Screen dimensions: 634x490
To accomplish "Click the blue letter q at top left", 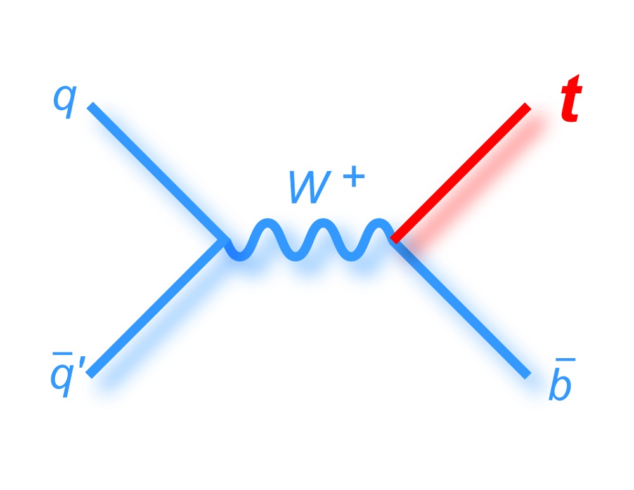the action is click(64, 102).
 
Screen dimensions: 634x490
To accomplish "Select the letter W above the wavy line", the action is click(310, 187).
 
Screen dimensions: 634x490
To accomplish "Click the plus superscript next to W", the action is click(354, 176).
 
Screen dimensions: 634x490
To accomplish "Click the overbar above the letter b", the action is click(566, 359).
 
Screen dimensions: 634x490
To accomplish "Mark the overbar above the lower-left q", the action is click(60, 354).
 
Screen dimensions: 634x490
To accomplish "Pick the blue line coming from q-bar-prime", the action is click(157, 308).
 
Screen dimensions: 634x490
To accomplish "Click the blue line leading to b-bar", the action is click(460, 309).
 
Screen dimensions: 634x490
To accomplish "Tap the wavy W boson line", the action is click(310, 240).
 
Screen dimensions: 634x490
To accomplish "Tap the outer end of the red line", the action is click(527, 106).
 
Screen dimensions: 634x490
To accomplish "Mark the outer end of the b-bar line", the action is click(527, 375).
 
